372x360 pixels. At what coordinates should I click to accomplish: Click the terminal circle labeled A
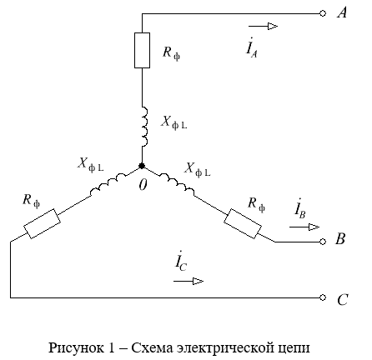(x=323, y=13)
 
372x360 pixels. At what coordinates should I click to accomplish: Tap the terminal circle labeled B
(x=323, y=242)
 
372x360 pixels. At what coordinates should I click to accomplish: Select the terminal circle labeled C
(x=323, y=297)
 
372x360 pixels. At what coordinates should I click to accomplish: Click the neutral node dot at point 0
(x=142, y=166)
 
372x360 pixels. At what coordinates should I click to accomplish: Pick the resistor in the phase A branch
(x=142, y=50)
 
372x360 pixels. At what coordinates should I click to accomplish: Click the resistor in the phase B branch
(x=243, y=223)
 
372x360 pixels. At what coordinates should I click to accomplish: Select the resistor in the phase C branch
(x=42, y=223)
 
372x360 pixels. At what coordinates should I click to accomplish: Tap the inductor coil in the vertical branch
(x=144, y=127)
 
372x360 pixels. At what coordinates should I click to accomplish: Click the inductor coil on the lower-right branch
(x=176, y=183)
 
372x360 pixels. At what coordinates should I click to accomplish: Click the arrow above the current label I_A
(x=263, y=27)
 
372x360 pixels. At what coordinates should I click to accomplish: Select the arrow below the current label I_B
(x=304, y=227)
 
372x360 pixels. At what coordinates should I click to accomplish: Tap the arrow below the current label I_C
(x=189, y=282)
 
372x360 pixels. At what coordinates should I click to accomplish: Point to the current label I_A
(x=252, y=47)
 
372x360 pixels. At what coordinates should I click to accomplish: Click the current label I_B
(x=300, y=208)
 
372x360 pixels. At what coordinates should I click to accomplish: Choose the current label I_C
(x=181, y=261)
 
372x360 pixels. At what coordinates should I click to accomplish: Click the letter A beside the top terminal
(x=342, y=12)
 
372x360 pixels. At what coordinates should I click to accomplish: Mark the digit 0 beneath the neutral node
(x=143, y=185)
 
